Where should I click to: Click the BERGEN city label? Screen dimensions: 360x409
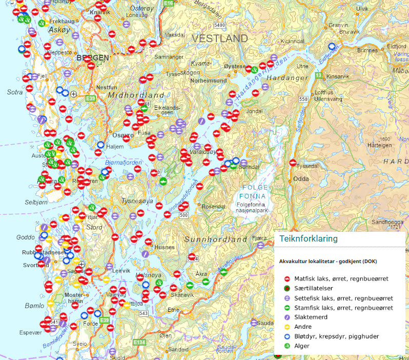92,58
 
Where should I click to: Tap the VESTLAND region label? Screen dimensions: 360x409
220,39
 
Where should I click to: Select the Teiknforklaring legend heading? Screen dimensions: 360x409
308,239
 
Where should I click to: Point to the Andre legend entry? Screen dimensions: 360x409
303,327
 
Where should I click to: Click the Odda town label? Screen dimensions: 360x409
301,179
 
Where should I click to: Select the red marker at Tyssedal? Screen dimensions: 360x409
293,163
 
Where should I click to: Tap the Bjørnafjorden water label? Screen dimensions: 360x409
121,163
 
